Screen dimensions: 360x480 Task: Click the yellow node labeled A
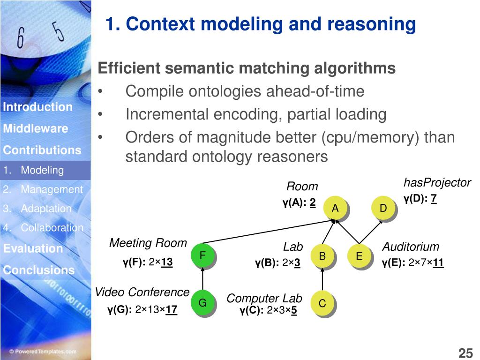click(x=335, y=209)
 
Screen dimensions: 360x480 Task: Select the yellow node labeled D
click(x=383, y=208)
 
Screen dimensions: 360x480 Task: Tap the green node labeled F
click(x=203, y=255)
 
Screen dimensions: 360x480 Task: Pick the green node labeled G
click(x=202, y=303)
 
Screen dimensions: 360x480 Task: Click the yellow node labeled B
click(x=322, y=256)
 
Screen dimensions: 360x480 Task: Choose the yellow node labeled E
click(x=359, y=256)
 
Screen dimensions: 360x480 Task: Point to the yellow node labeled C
click(x=322, y=304)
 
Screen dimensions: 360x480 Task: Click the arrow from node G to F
click(x=203, y=279)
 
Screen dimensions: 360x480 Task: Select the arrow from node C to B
click(x=322, y=280)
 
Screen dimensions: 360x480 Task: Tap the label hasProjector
click(x=437, y=183)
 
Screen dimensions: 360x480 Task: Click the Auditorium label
click(x=411, y=247)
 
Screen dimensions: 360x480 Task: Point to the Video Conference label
click(x=142, y=292)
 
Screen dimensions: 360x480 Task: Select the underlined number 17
click(x=171, y=309)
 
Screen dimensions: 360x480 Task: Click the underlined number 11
click(x=438, y=262)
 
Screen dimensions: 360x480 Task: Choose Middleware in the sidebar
click(x=35, y=128)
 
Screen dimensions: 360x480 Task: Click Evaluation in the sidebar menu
click(x=33, y=248)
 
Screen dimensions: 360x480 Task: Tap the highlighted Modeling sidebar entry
click(x=42, y=170)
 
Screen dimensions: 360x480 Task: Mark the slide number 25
click(x=465, y=353)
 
